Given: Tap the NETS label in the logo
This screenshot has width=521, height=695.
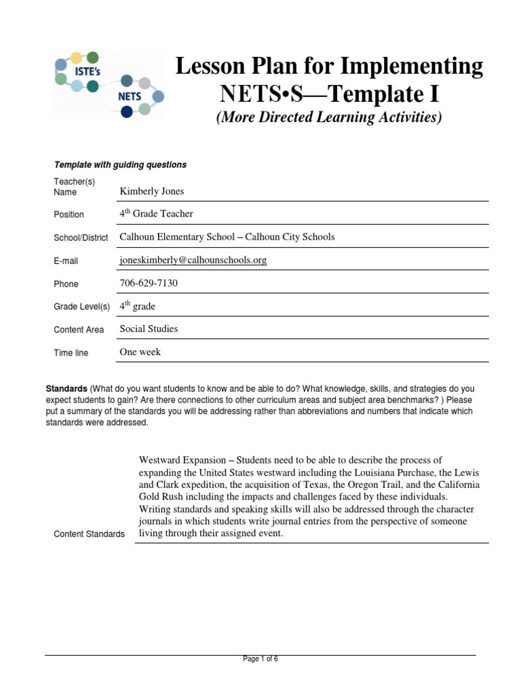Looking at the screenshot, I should [130, 96].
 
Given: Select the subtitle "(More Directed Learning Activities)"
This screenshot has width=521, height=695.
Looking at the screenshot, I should [329, 117].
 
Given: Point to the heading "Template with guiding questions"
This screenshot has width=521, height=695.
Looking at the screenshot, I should [120, 165].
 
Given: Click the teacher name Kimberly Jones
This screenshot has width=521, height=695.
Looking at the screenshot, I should [152, 191].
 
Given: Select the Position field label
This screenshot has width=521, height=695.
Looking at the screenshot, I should [69, 214].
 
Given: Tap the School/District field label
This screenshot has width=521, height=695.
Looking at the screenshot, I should [81, 238].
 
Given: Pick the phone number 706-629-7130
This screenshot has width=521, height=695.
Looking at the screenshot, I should [149, 283].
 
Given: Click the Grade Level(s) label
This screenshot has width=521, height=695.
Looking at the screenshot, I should [81, 307].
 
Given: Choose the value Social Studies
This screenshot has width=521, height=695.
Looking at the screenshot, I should [149, 329].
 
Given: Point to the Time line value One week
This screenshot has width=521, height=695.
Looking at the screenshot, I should [140, 352].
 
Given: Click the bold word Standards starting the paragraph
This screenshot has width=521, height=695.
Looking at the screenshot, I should [66, 390].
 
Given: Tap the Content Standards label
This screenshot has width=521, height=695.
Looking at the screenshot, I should [89, 534].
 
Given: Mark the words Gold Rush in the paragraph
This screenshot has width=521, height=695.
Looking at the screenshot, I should [162, 497].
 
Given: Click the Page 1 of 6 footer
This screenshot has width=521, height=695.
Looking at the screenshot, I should [260, 658].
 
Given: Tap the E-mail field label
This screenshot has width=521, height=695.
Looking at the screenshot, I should [66, 261].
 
